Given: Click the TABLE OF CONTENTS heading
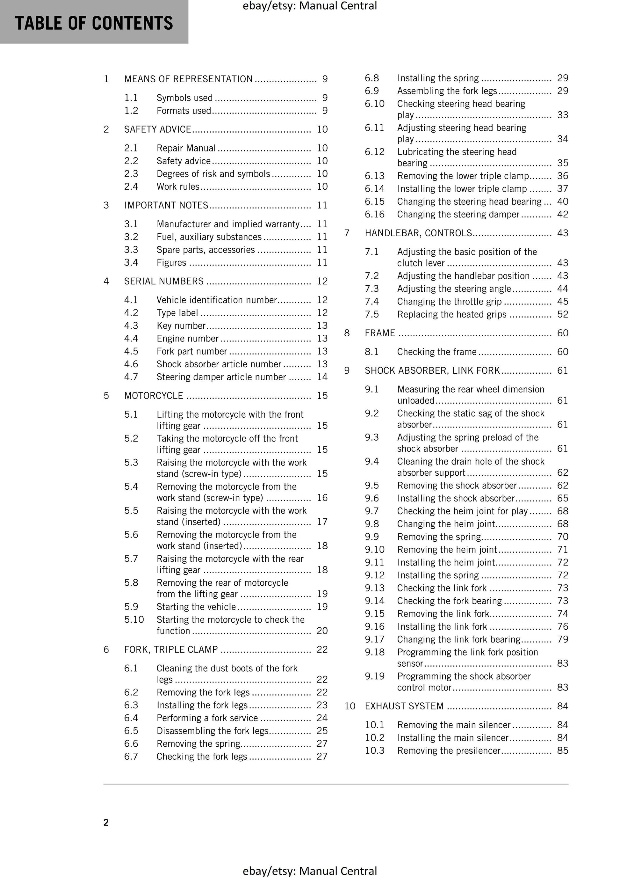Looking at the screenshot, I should click(94, 23).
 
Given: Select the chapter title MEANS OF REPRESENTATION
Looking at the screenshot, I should click(188, 79).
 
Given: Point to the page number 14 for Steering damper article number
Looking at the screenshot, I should click(322, 377).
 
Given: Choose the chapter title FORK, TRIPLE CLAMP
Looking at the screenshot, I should click(171, 650).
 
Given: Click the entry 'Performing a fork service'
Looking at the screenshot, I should click(207, 718).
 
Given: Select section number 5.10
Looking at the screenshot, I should click(134, 619).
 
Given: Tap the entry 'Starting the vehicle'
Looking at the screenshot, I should click(196, 607).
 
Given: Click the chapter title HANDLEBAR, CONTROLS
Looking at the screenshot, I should click(418, 233).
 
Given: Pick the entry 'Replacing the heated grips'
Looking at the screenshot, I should click(451, 315).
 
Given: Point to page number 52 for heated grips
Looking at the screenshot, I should click(563, 315).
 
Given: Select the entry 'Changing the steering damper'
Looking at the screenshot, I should click(458, 215).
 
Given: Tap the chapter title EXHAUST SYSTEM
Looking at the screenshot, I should click(404, 706).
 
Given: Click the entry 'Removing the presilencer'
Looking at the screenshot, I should click(448, 751).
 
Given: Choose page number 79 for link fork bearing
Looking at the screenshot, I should click(563, 640).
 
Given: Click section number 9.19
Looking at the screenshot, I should click(374, 677).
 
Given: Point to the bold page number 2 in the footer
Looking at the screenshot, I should click(106, 823).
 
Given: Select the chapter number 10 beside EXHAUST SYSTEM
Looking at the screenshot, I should click(350, 706).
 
